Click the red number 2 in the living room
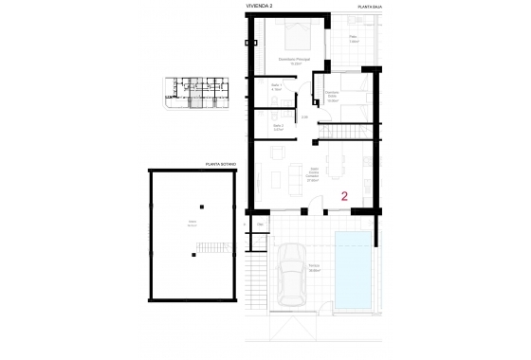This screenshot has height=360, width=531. pos(345,196)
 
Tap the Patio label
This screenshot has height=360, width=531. pos(352,39)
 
